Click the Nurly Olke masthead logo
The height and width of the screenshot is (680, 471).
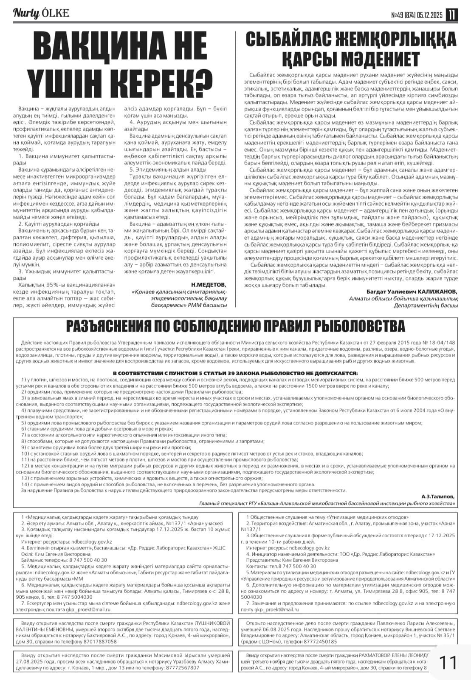pos(41,14)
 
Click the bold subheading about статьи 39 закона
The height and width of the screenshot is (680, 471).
pos(235,373)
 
